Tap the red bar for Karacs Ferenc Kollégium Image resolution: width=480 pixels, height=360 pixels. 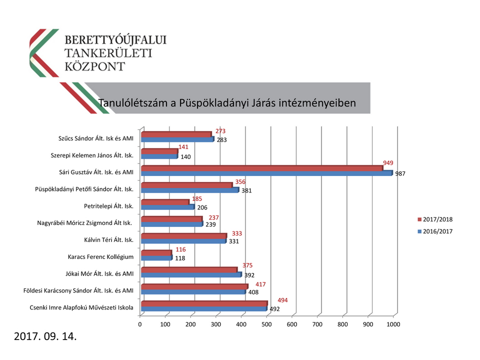[156, 253]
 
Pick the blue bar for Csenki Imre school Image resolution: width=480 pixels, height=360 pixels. [203, 309]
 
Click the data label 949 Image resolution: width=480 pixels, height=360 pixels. [388, 163]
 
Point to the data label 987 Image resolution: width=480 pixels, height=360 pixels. [400, 174]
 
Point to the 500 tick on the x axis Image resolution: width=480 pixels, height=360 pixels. [266, 324]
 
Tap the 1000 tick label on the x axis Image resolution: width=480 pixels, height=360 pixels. [393, 324]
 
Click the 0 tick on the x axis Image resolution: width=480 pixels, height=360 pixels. [140, 324]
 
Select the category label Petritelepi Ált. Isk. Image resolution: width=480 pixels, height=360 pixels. [108, 206]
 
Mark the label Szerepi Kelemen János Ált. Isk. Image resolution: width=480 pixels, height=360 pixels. [92, 155]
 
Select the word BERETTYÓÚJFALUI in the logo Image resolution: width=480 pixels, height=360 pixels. [116, 39]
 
